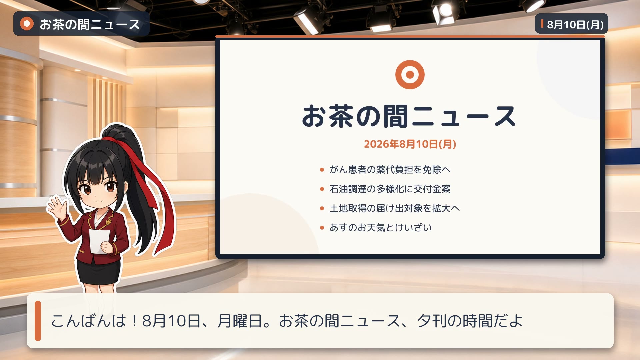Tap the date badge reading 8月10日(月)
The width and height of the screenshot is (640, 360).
click(571, 24)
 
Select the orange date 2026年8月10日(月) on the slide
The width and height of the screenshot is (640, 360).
click(410, 144)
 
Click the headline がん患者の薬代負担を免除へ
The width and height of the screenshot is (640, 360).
click(390, 170)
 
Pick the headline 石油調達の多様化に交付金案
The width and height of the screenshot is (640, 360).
click(390, 189)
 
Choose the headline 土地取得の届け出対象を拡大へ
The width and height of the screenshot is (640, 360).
click(395, 208)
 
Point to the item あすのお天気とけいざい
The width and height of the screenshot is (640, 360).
click(381, 228)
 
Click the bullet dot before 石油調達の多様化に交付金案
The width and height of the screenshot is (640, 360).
click(322, 189)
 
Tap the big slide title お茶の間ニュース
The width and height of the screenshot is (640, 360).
click(409, 116)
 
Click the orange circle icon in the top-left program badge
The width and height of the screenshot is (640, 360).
click(27, 24)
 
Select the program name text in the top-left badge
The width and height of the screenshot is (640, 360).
click(90, 24)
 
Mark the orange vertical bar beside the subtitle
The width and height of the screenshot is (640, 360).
click(38, 321)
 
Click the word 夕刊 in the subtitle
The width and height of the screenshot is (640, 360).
click(431, 321)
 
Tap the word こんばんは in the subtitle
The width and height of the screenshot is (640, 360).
click(88, 321)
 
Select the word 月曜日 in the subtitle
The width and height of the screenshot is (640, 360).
click(240, 321)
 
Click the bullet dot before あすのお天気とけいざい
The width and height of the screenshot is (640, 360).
click(322, 228)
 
